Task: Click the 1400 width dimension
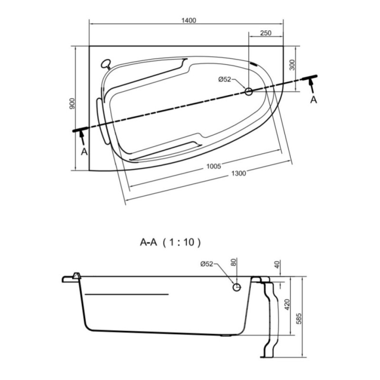click(x=189, y=20)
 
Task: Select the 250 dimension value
click(x=266, y=33)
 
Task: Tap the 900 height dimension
click(x=73, y=104)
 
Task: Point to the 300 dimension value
click(x=292, y=65)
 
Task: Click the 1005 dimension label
click(x=214, y=166)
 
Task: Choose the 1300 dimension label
click(x=239, y=173)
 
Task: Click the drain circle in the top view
click(x=248, y=92)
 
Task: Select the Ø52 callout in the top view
click(x=225, y=79)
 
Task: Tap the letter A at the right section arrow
click(x=313, y=100)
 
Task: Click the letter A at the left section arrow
click(x=84, y=152)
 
